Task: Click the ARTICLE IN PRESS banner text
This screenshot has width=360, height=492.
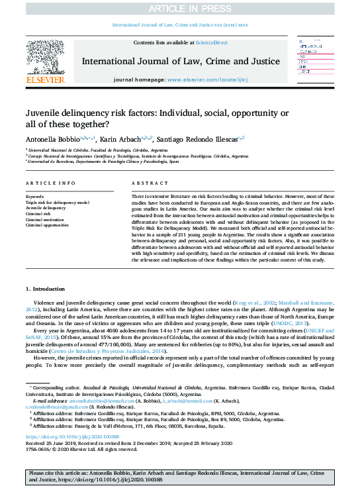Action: tap(180, 8)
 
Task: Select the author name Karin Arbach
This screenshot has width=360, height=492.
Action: tap(120, 140)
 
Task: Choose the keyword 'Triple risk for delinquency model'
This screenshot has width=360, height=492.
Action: tap(57, 202)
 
